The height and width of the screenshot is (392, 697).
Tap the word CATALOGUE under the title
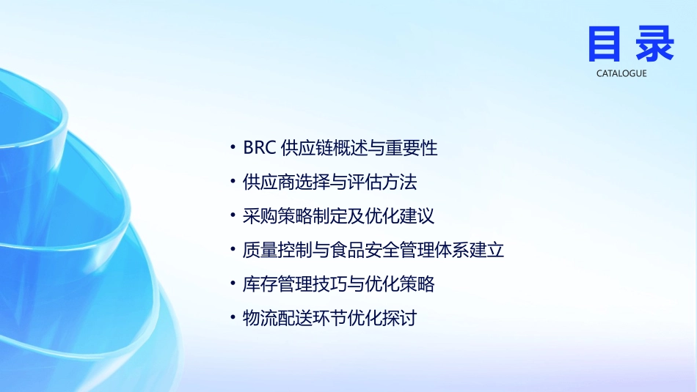coord(621,73)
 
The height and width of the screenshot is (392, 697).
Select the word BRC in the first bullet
coord(259,147)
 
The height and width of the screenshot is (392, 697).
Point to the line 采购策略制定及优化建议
coord(338,216)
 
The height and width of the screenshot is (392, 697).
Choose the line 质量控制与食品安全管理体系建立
coord(373,251)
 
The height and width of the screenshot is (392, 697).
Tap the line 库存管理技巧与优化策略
coord(338,284)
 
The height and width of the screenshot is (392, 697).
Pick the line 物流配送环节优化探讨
coord(329,319)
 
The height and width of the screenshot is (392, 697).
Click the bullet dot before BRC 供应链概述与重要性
coord(233,148)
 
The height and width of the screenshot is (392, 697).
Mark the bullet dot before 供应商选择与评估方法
coord(233,182)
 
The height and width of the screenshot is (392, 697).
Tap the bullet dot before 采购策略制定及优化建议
coord(233,217)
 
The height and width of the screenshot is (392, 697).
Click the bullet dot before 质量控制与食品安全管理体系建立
coord(233,251)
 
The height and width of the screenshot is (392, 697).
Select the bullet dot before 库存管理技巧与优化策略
coord(233,285)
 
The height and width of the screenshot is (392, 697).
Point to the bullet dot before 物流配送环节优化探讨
coord(233,319)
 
